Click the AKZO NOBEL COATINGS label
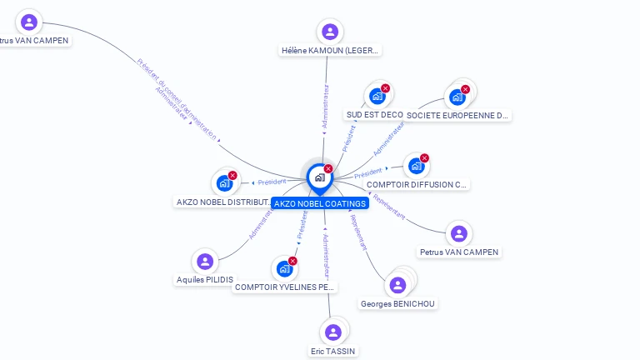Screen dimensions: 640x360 (x=320, y=203)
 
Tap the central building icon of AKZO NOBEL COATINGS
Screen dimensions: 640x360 (x=319, y=177)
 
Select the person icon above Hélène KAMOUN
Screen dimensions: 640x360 (x=330, y=32)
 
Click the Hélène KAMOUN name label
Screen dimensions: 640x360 (x=330, y=50)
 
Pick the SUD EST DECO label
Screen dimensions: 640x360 (x=374, y=115)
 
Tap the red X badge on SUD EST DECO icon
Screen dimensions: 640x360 (x=385, y=88)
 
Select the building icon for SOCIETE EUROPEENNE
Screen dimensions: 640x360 (x=457, y=97)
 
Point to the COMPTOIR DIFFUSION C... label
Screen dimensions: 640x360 (x=417, y=184)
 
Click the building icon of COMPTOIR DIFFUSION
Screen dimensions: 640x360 (x=416, y=165)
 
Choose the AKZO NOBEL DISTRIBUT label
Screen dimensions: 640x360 (x=223, y=202)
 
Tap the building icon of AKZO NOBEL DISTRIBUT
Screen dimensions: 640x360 (x=224, y=182)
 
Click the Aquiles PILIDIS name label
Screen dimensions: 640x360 (x=205, y=280)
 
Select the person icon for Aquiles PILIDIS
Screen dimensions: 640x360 (x=205, y=261)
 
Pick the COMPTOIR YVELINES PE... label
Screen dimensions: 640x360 (x=285, y=287)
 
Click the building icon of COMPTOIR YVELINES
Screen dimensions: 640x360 (x=284, y=268)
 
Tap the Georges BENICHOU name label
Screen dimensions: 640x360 (x=398, y=304)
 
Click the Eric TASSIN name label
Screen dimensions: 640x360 (x=333, y=352)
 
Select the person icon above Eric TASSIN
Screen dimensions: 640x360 (x=333, y=332)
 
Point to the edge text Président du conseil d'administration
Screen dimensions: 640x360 (x=177, y=94)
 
